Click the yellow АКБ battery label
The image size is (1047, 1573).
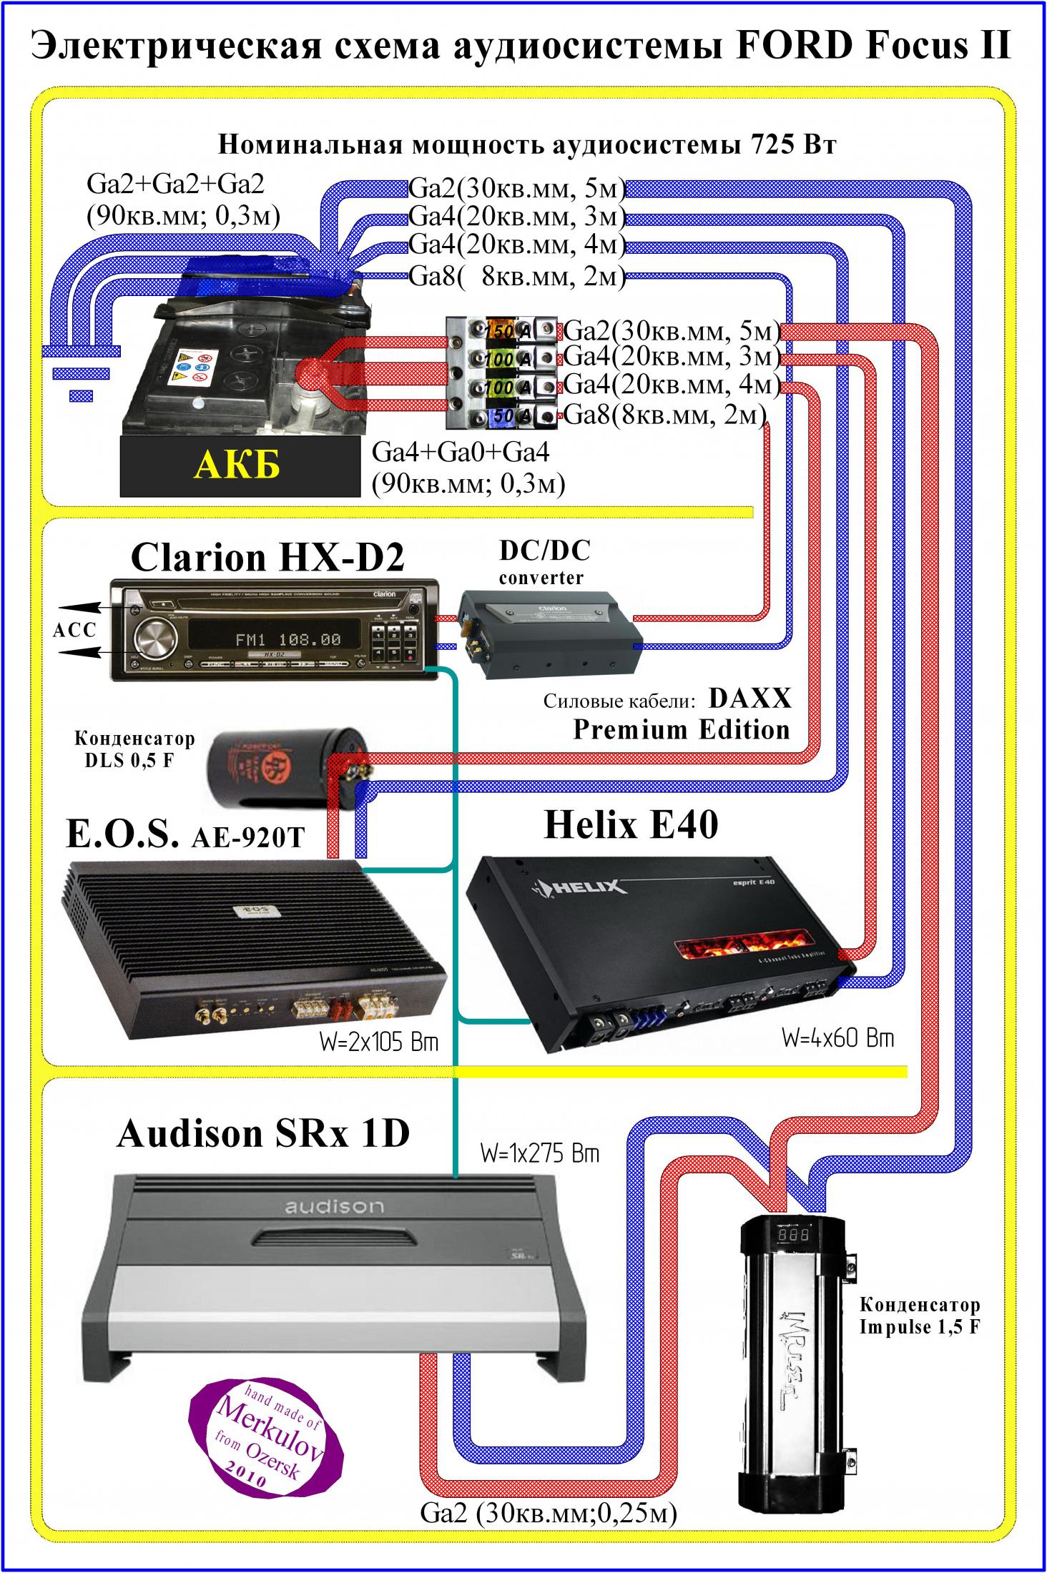tap(238, 465)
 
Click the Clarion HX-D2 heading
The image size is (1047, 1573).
tap(267, 558)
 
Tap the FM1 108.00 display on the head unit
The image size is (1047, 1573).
tap(288, 638)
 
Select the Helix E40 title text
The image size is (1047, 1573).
tap(630, 824)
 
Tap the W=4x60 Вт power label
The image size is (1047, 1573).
tap(837, 1038)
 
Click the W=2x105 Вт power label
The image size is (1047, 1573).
tap(378, 1042)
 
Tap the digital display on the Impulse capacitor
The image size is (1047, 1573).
tap(794, 1254)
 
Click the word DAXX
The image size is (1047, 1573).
tap(750, 699)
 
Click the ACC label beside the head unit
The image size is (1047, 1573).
tap(74, 630)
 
